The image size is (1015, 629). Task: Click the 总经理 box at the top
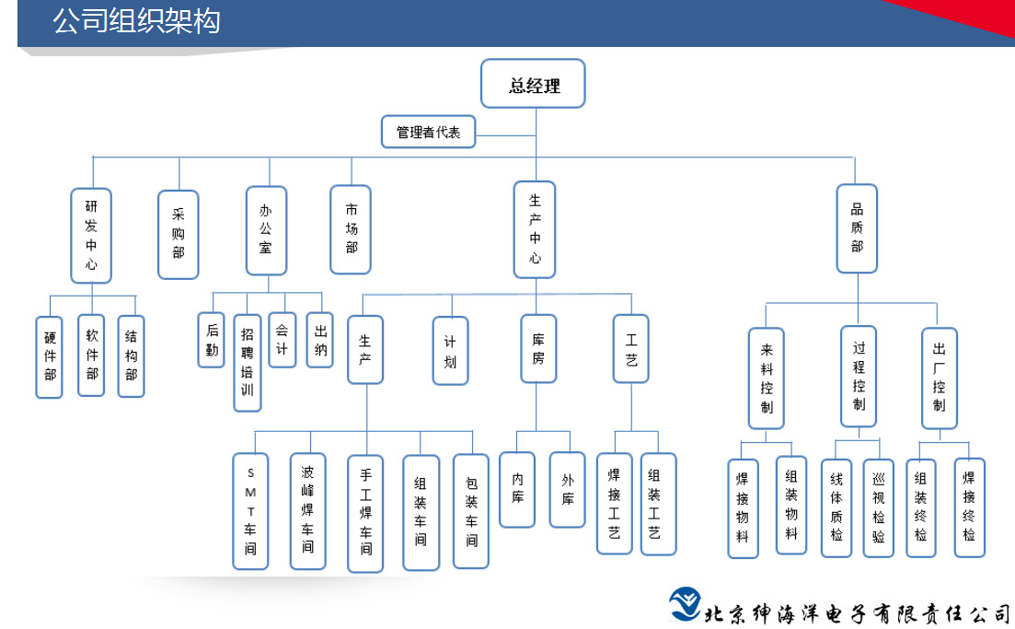534,85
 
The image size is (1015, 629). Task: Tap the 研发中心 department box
91,235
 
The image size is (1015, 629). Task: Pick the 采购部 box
178,235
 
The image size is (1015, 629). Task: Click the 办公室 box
266,230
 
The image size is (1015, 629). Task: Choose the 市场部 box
351,229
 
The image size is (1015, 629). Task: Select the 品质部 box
857,228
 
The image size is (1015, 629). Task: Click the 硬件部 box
50,356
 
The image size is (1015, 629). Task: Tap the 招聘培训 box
248,362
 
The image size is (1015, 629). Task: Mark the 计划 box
451,350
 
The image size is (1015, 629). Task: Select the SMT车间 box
251,510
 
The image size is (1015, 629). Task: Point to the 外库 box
567,489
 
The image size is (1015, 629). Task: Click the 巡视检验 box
878,507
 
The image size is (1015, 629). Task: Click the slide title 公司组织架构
136,21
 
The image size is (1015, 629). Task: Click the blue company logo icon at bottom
684,604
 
